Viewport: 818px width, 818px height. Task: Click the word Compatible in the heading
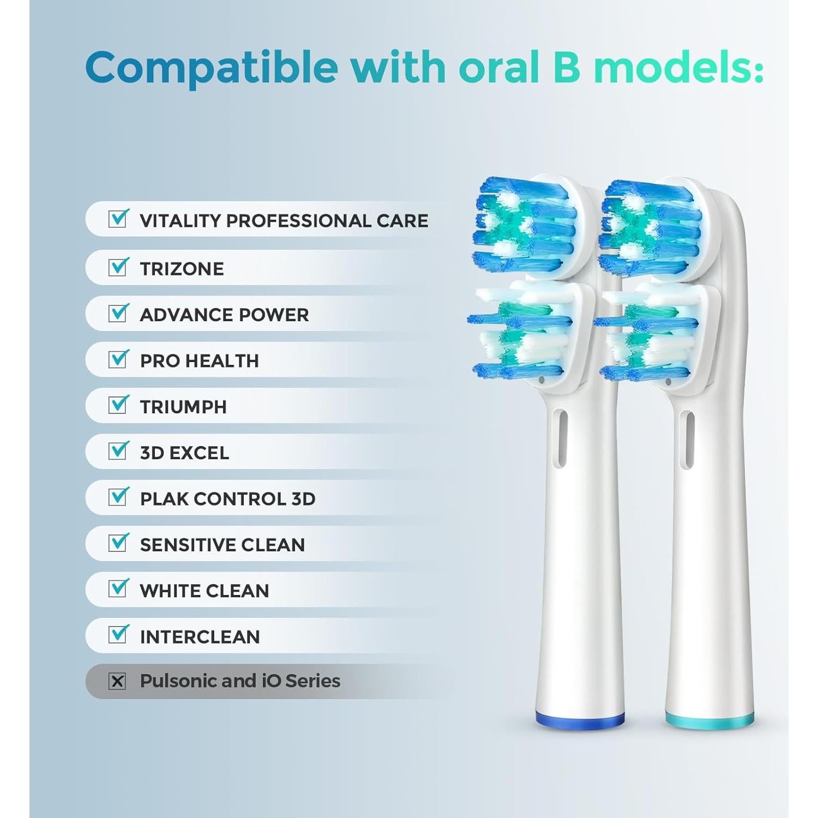pyautogui.click(x=212, y=68)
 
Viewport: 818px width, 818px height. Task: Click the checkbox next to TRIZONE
pyautogui.click(x=118, y=267)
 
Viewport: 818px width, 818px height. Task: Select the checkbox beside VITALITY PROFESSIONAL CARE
pyautogui.click(x=118, y=219)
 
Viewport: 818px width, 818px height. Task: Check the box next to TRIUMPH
pyautogui.click(x=118, y=405)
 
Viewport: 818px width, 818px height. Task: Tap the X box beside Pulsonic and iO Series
pyautogui.click(x=117, y=681)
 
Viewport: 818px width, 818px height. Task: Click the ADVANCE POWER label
pyautogui.click(x=224, y=315)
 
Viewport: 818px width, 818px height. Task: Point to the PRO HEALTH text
pyautogui.click(x=199, y=360)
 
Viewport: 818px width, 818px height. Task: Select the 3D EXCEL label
pyautogui.click(x=184, y=453)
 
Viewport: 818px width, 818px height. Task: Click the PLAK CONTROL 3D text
pyautogui.click(x=227, y=498)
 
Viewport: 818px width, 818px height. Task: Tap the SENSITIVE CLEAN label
pyautogui.click(x=222, y=544)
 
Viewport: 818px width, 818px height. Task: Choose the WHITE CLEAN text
pyautogui.click(x=204, y=591)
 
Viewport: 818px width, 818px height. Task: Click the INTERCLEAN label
pyautogui.click(x=200, y=636)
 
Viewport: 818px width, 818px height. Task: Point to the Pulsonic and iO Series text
pyautogui.click(x=240, y=681)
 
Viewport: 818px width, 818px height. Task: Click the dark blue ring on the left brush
pyautogui.click(x=580, y=721)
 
